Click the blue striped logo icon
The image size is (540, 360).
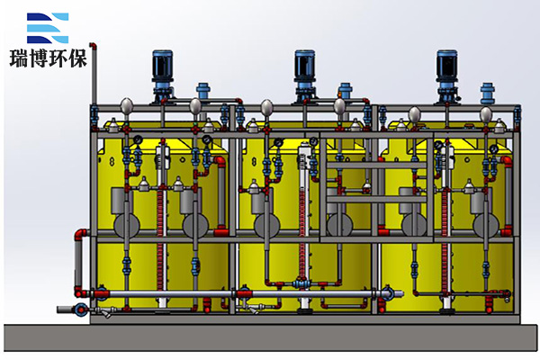48,28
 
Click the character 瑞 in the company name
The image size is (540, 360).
19,58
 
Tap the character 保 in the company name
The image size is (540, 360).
77,58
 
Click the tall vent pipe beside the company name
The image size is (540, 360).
94,74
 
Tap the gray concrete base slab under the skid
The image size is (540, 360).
270,337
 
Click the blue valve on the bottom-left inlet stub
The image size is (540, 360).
81,309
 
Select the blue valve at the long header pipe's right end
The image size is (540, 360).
387,292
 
